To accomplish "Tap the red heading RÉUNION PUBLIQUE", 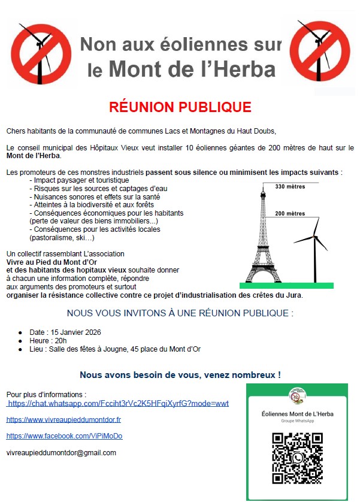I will pyautogui.click(x=180, y=107).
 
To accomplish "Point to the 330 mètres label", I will pyautogui.click(x=289, y=186).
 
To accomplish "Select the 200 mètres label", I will pyautogui.click(x=290, y=213).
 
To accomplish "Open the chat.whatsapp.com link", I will pyautogui.click(x=118, y=404).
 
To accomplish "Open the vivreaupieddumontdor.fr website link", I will pyautogui.click(x=63, y=420).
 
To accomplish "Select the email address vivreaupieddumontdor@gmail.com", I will pyautogui.click(x=61, y=452).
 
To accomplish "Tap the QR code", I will pyautogui.click(x=298, y=456).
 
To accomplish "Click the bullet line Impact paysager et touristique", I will pyautogui.click(x=81, y=180).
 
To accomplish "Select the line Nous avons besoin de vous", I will pyautogui.click(x=180, y=375).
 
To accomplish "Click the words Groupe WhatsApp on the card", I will pyautogui.click(x=298, y=421).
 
